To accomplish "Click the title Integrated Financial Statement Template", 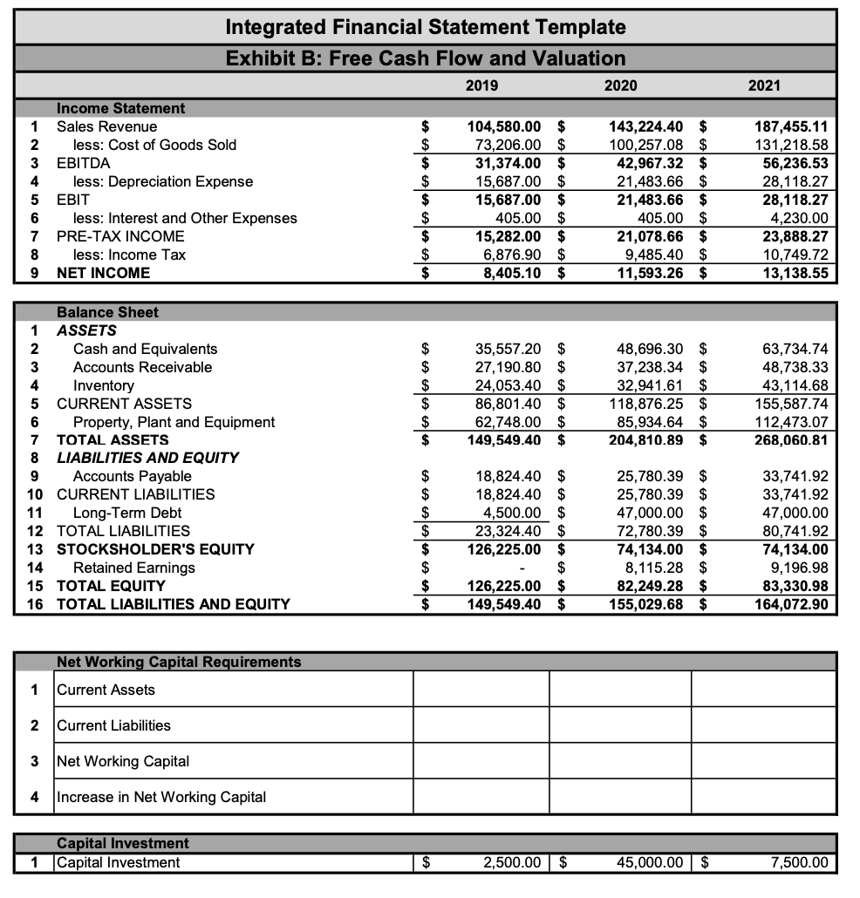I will tap(426, 27).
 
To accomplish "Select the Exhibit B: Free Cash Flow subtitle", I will tap(426, 58).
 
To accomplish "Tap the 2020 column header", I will tap(620, 85).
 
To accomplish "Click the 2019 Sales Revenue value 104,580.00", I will tap(505, 126).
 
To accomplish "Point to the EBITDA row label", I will tap(84, 163).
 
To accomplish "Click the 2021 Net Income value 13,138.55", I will tap(791, 273).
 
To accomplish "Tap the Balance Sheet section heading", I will tap(107, 312).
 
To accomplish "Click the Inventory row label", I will tap(104, 385).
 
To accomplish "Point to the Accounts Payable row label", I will tap(133, 476).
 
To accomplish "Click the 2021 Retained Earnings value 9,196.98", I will tap(795, 568).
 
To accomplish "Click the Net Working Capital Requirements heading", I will tap(179, 662).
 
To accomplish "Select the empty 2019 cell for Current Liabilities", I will tap(481, 725).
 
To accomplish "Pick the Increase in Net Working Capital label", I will tap(161, 797).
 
